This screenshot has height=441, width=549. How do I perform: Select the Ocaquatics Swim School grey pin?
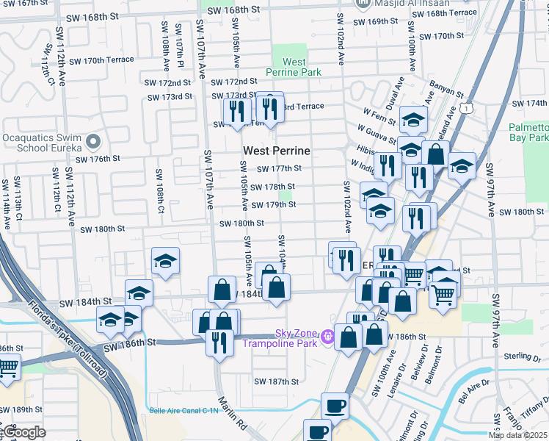92,140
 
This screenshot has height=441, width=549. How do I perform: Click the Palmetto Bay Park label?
528,132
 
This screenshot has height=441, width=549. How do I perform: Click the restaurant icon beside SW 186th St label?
219,344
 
